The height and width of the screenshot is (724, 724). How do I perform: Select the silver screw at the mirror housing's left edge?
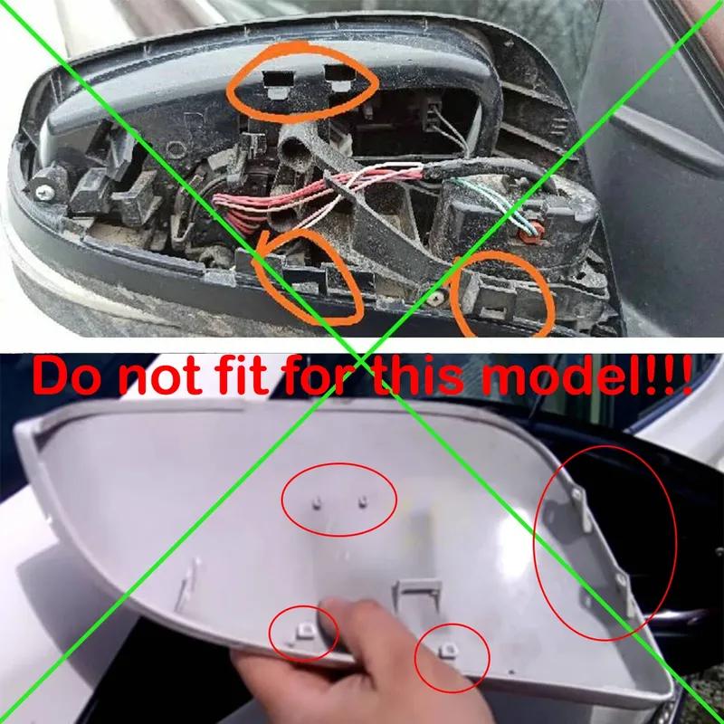click(x=43, y=191)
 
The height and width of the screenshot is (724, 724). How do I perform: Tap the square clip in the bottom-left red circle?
click(x=301, y=627)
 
